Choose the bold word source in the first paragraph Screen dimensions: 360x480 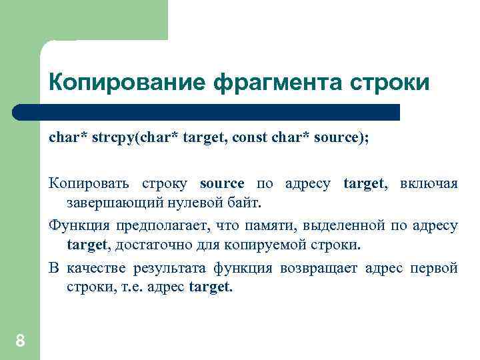[222, 183]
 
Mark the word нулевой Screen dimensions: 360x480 [191, 202]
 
